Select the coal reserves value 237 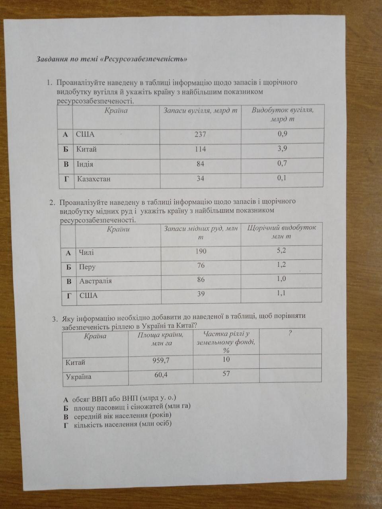(x=200, y=134)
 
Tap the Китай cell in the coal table (x=86, y=150)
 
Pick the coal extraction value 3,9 (x=283, y=148)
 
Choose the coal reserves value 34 (x=200, y=179)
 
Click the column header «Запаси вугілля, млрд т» (x=200, y=111)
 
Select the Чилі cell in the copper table (x=86, y=253)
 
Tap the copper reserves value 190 (x=201, y=251)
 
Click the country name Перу (x=87, y=267)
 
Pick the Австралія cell (x=95, y=281)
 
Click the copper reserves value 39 (x=201, y=293)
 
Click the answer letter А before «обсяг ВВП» (x=66, y=398)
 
